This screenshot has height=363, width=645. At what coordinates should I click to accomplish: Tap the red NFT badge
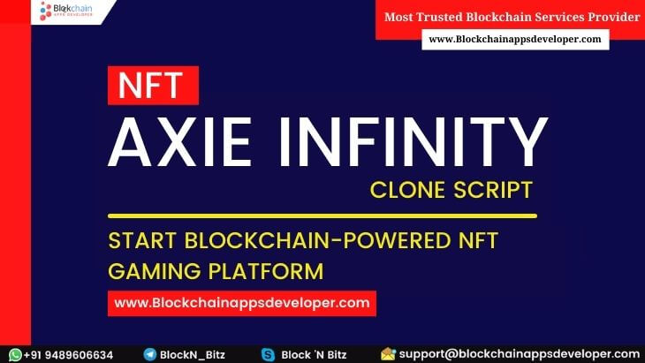point(153,86)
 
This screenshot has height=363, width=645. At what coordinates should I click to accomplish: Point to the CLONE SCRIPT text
point(452,190)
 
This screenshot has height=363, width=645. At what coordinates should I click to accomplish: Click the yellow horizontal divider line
point(322,216)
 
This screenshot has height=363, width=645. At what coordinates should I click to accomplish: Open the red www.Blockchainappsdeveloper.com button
point(241,303)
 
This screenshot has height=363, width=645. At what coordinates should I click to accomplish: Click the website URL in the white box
point(514,39)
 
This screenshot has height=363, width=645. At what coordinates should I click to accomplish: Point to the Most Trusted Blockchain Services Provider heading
point(512,16)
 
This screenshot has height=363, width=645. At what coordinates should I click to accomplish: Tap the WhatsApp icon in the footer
point(15,354)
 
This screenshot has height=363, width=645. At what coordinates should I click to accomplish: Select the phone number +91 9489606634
point(69,354)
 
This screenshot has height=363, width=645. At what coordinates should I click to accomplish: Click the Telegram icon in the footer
point(150,354)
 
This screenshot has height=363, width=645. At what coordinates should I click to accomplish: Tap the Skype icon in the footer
point(268,354)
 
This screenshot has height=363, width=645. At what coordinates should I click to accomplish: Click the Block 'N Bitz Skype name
point(315,354)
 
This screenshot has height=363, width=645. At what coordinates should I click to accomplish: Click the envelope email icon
point(388,354)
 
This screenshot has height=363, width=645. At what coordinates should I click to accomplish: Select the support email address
point(519,354)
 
